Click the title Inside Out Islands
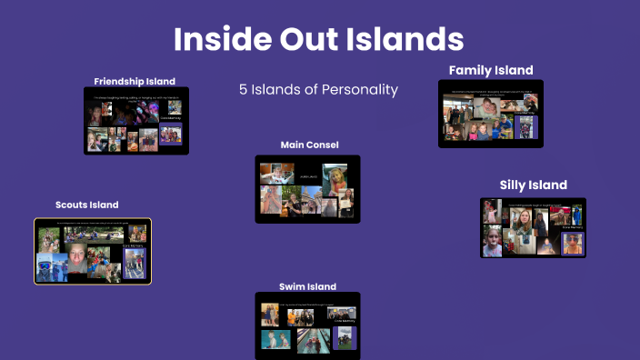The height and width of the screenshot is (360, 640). pos(319,39)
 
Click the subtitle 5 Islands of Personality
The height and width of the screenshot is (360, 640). pos(318,90)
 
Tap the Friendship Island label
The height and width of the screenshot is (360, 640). pos(135,81)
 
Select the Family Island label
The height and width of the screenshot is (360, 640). pos(491,70)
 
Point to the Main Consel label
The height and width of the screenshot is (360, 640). pos(307,145)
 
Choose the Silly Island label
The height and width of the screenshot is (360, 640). pos(534,185)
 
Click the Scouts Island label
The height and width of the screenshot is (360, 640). pos(86,205)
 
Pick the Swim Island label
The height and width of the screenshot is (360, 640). pos(307,286)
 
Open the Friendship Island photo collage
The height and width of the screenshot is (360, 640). pos(135,120)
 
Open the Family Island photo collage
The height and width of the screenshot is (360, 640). pos(491,114)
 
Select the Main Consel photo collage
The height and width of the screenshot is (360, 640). pos(307,189)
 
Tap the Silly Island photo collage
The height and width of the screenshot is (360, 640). pos(533,227)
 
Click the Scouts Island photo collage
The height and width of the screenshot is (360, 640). pos(93,251)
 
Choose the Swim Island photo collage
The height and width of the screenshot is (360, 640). pos(307,325)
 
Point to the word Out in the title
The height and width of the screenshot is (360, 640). pos(319,39)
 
